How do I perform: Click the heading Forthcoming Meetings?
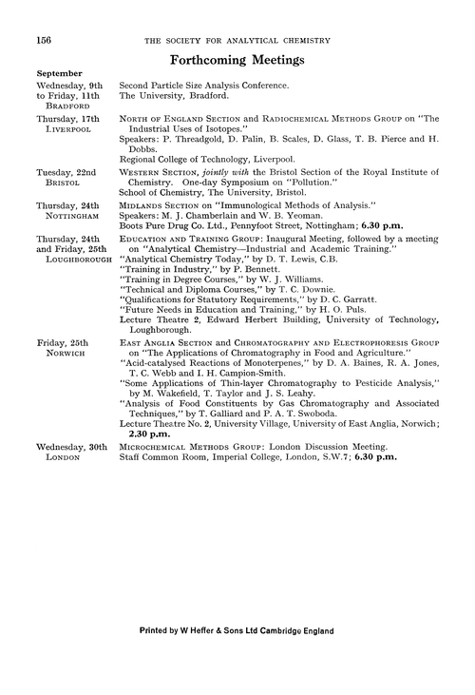pyautogui.click(x=237, y=59)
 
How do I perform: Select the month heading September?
pyautogui.click(x=60, y=73)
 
